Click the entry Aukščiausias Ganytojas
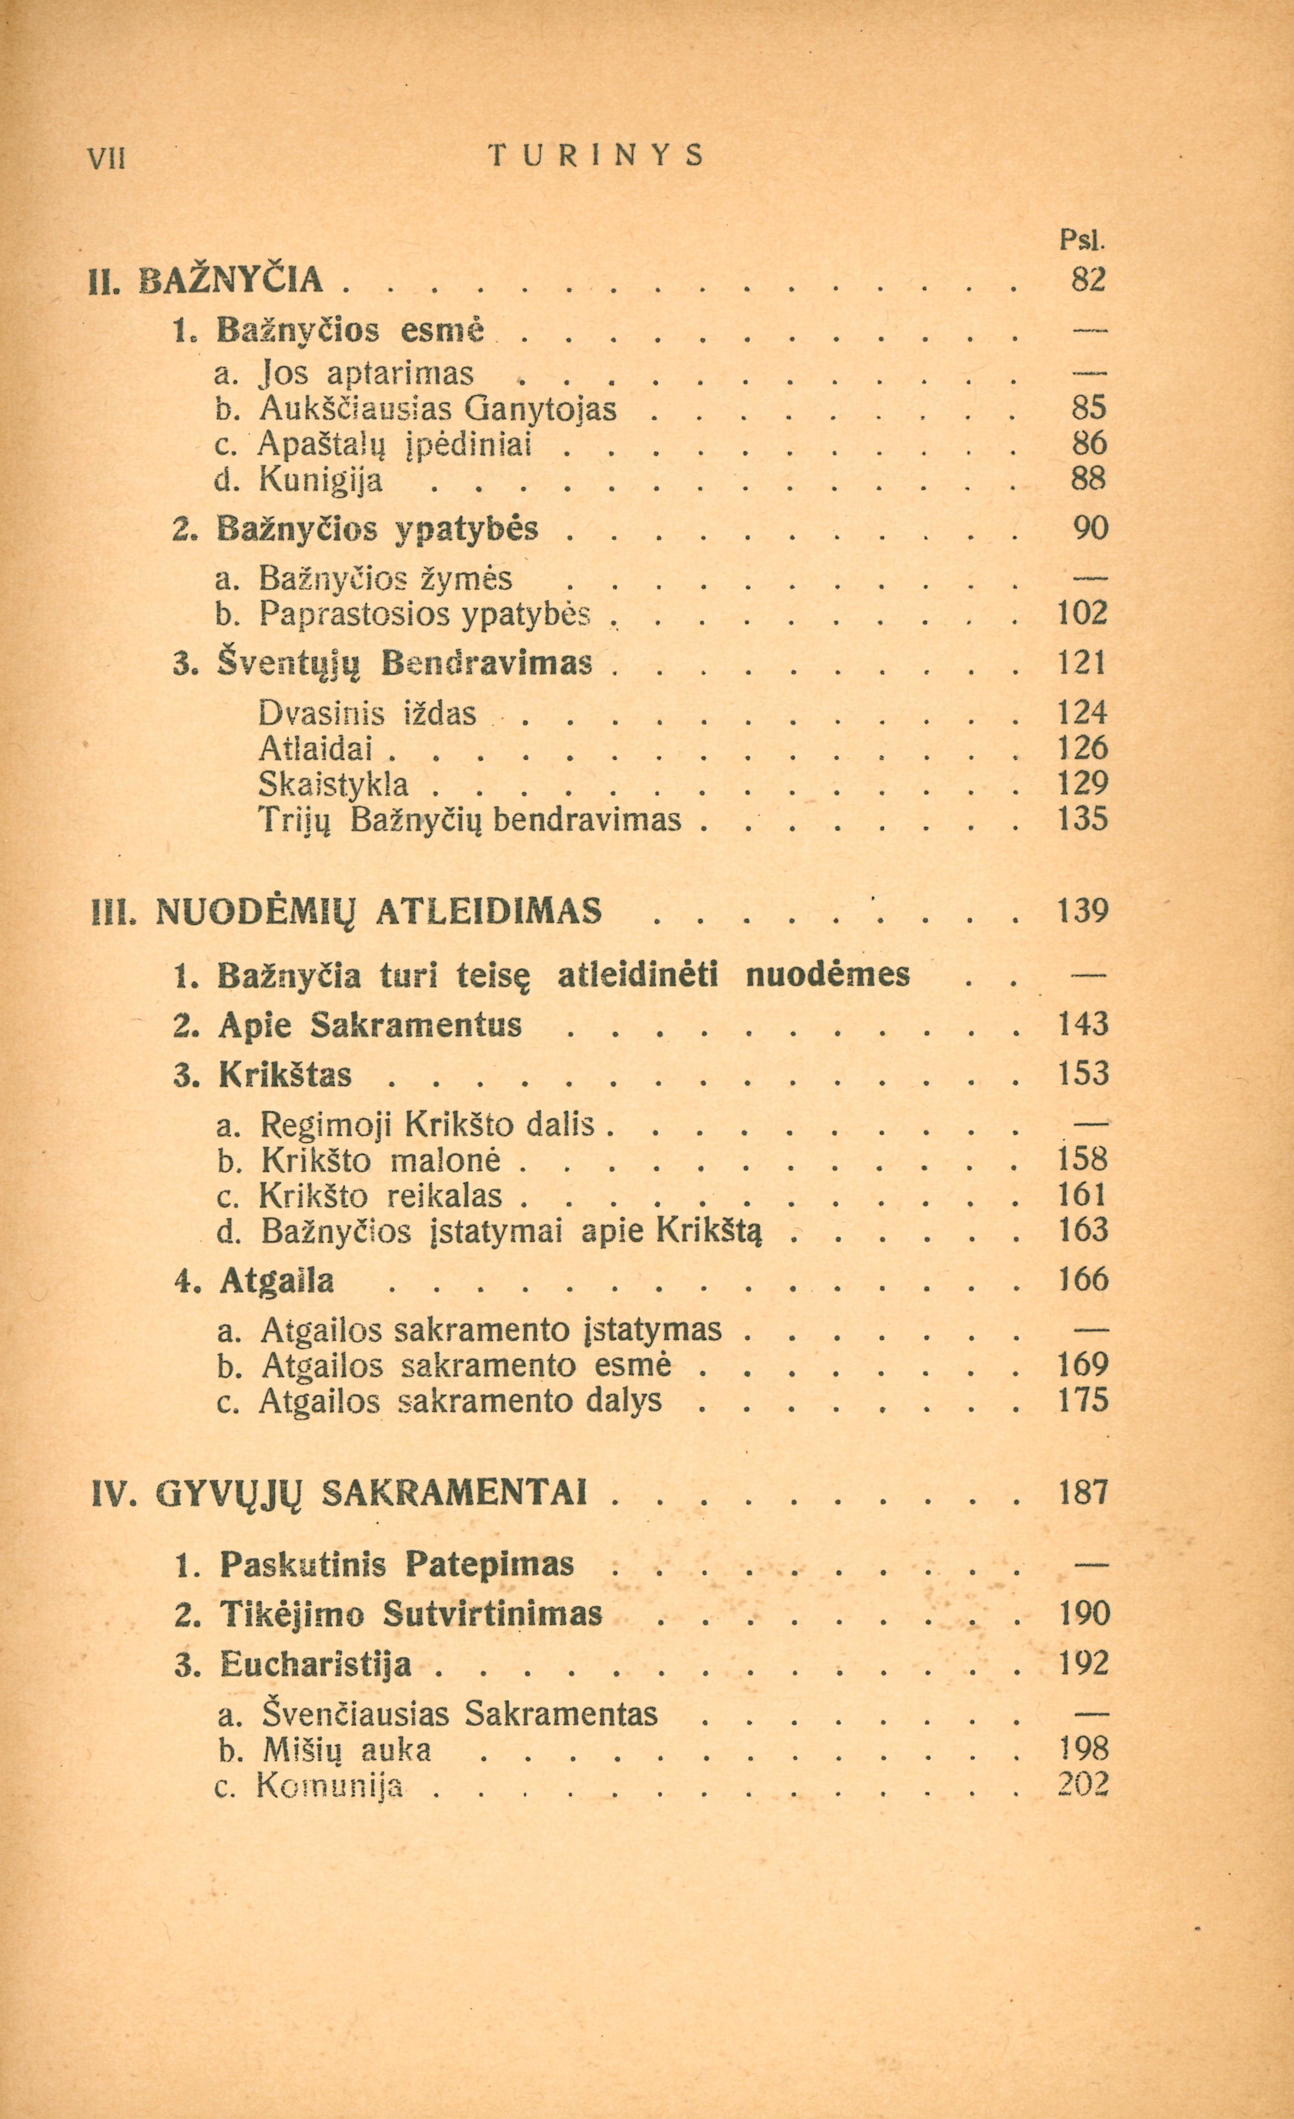click(x=437, y=408)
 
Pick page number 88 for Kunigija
click(x=1088, y=479)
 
